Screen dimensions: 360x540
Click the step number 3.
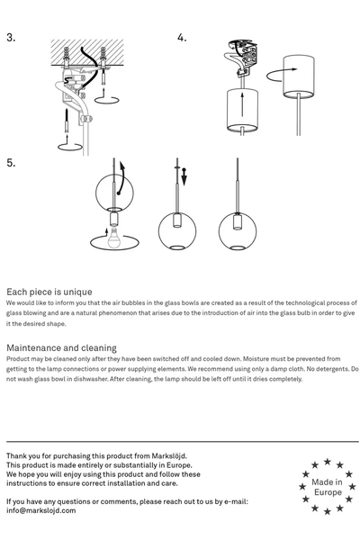coord(11,38)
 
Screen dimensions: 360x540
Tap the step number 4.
coord(182,38)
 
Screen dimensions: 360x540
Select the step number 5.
coord(11,163)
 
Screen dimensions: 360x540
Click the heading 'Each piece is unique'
coord(49,292)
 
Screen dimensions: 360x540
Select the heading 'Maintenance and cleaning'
coord(62,347)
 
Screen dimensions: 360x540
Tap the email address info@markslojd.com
coord(41,510)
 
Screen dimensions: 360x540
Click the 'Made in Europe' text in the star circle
coord(328,487)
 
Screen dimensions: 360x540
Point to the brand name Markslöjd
coord(169,456)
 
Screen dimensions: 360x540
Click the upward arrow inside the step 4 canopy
coord(242,104)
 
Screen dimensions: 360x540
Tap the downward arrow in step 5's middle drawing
coord(184,177)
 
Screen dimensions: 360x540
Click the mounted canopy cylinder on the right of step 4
coord(298,77)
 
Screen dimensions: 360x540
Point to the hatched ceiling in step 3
coord(87,52)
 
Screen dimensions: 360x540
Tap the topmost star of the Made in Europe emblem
coord(328,462)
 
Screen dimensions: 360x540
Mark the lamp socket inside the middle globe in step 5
coord(177,220)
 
